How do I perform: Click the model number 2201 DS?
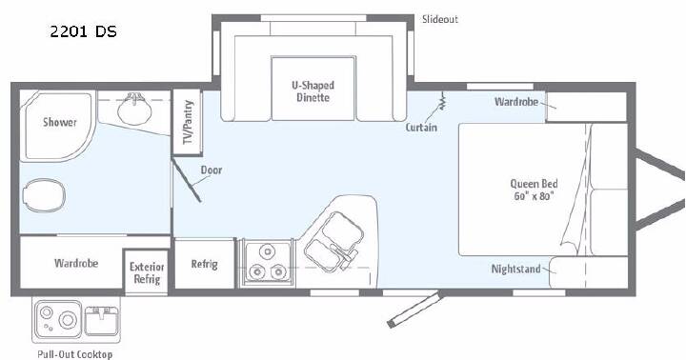[x=83, y=31]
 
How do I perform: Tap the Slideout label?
[x=439, y=19]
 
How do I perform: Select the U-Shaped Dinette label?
[x=313, y=91]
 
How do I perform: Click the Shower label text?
[x=60, y=122]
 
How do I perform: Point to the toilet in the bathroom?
[x=43, y=195]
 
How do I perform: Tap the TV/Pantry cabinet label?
[x=188, y=122]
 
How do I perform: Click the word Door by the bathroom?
[x=212, y=170]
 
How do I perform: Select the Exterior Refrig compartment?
[x=147, y=272]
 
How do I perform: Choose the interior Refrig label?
[x=204, y=264]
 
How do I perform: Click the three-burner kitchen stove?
[x=267, y=263]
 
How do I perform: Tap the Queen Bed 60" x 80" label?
[x=534, y=190]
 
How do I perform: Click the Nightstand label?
[x=515, y=269]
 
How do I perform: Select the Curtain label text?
[x=421, y=128]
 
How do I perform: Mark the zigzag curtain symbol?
[x=442, y=101]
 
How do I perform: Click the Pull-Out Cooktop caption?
[x=75, y=354]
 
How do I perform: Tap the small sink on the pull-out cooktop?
[x=101, y=320]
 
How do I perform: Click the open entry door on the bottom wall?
[x=414, y=310]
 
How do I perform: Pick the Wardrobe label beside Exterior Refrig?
[x=76, y=263]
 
